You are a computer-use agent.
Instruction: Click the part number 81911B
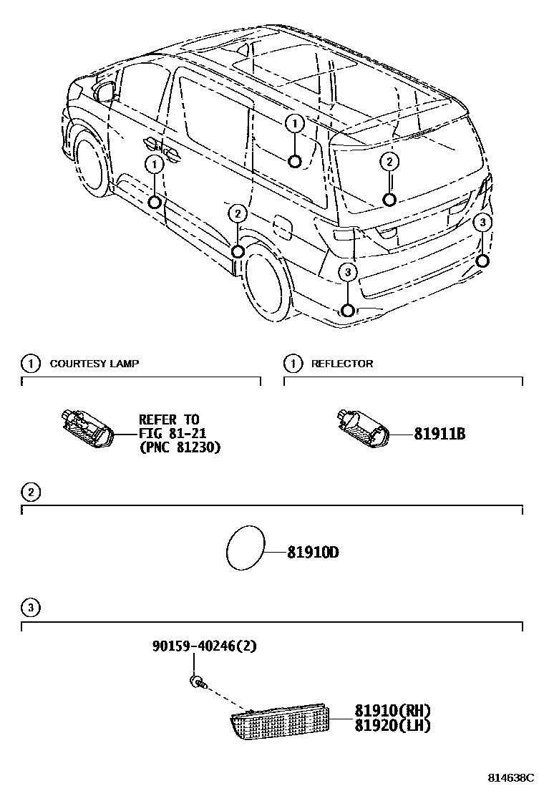439,433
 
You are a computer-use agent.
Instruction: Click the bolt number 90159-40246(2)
204,646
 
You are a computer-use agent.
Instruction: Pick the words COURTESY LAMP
94,364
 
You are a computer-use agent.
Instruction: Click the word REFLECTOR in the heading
342,364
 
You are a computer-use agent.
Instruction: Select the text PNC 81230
183,447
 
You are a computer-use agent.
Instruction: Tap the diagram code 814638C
511,777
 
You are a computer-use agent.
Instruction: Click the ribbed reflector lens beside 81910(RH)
279,723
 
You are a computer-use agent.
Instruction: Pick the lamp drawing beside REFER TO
87,428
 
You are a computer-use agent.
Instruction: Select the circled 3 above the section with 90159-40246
30,608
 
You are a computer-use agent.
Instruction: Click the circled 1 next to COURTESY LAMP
30,364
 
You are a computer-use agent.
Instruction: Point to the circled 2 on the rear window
389,162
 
